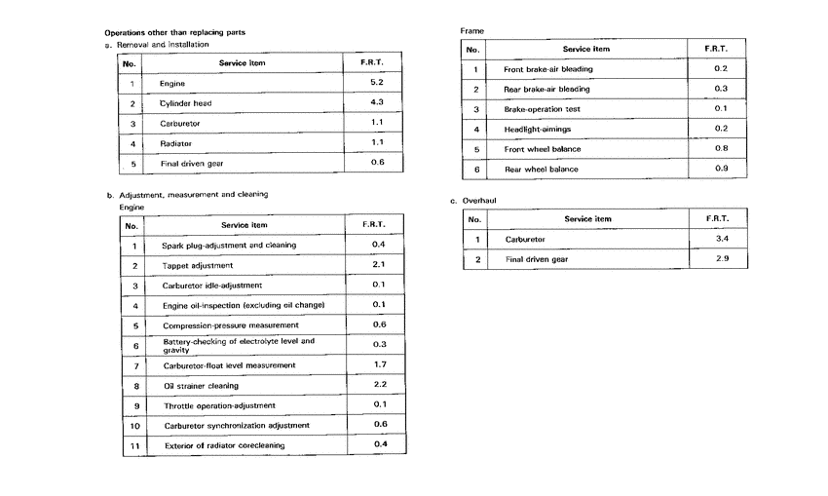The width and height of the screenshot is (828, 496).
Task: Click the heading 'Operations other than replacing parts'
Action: [174, 32]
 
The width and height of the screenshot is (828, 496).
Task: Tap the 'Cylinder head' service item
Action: [185, 103]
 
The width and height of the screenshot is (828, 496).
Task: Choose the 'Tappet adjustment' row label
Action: [198, 265]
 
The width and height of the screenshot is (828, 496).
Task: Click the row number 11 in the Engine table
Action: [135, 446]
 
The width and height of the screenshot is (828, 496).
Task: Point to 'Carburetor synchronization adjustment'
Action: [236, 426]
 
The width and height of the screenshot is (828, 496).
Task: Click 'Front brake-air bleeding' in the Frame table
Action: [547, 69]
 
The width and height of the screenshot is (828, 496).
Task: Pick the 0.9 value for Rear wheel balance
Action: [721, 170]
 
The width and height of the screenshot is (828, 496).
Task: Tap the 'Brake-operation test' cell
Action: [542, 109]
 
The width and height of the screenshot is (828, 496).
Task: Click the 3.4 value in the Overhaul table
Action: [722, 238]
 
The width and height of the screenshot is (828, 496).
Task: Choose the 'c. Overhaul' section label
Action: [473, 201]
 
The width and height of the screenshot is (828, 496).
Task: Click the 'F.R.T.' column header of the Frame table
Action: [721, 49]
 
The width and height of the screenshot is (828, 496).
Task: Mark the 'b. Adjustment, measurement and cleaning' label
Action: [187, 194]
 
